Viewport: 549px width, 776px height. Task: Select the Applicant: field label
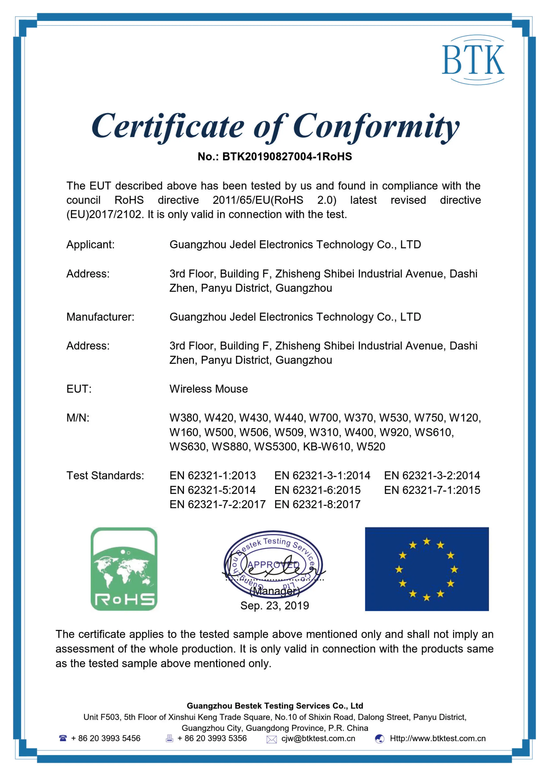click(90, 244)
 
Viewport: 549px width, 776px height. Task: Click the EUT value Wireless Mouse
click(209, 389)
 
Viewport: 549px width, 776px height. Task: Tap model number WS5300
click(275, 447)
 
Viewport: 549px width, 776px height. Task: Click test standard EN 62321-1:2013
click(213, 476)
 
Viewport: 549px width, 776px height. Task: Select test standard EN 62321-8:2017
click(318, 504)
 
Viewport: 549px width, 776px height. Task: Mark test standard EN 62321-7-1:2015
click(432, 490)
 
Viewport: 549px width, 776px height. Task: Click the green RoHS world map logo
click(124, 569)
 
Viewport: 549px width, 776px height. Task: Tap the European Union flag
click(427, 569)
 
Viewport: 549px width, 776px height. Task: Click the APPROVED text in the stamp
click(274, 565)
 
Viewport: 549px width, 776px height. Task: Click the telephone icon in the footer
click(63, 738)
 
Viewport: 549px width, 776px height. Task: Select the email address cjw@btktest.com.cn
click(318, 738)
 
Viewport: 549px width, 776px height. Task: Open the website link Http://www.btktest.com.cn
click(437, 738)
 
